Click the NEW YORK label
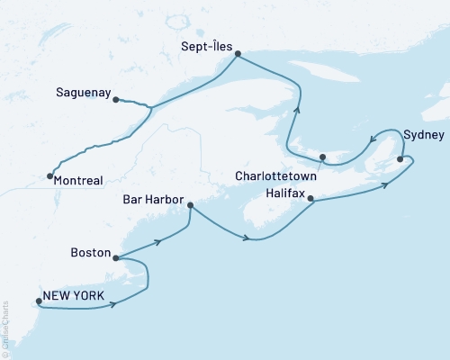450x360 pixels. point(73,296)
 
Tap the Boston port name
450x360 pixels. point(90,256)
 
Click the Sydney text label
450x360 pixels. point(424,135)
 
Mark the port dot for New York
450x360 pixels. point(38,301)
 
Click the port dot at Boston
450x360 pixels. point(116,257)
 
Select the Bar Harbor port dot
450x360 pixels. point(190,205)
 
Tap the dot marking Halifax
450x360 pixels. point(310,198)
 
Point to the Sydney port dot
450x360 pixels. point(400,159)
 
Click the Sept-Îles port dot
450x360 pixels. point(238,54)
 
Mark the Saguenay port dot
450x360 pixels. point(116,100)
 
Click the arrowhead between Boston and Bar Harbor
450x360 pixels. point(158,241)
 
